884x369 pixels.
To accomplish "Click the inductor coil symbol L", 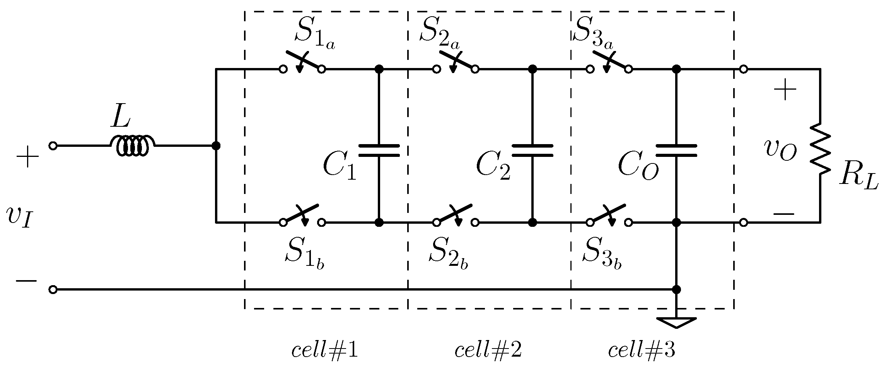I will [x=132, y=146].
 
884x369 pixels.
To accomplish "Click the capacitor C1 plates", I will [x=379, y=151].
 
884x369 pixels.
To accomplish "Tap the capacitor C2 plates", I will [x=532, y=151].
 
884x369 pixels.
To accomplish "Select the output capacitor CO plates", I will [x=676, y=151].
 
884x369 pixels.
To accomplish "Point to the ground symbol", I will [x=676, y=322].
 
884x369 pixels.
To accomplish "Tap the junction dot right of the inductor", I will [x=216, y=146].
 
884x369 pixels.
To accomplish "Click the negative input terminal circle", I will [x=53, y=289].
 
